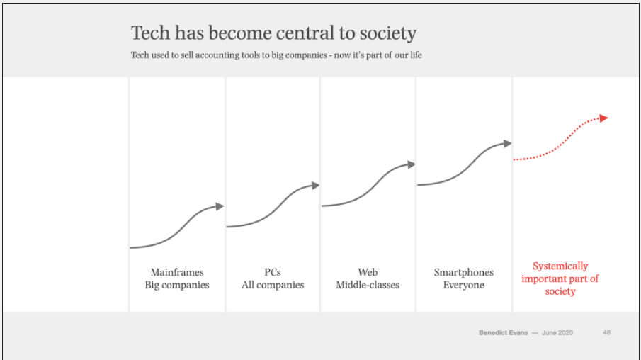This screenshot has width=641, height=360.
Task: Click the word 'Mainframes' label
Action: (177, 272)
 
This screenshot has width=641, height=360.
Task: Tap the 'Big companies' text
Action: (177, 285)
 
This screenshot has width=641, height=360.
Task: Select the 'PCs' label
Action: (273, 272)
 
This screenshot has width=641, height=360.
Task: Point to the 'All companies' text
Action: (273, 285)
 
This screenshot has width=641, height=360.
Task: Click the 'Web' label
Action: (368, 272)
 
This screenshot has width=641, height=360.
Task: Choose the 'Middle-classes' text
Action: (368, 285)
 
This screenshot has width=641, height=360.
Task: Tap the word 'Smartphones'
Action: (464, 272)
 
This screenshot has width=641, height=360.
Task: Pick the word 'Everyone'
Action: (464, 285)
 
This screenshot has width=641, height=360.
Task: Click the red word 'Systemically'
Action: (560, 266)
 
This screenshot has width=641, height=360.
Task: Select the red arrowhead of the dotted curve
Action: (603, 118)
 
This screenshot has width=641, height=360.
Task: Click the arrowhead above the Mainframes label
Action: (220, 206)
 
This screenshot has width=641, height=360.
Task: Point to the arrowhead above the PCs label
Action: (315, 186)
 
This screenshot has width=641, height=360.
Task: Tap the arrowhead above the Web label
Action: (411, 164)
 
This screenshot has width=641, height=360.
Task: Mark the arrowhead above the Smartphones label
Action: (507, 143)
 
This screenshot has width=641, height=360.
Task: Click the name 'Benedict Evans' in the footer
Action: (503, 332)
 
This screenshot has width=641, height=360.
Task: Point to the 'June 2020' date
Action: (557, 332)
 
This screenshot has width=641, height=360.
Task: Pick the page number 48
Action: (607, 332)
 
